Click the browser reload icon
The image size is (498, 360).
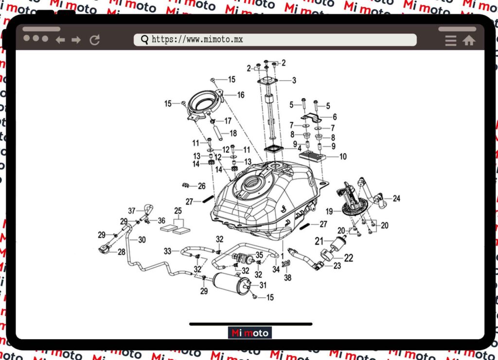(x=95, y=40)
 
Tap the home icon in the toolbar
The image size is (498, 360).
(x=469, y=40)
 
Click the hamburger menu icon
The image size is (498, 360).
(x=451, y=40)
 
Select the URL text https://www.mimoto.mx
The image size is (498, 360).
(x=197, y=40)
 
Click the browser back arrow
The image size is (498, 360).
(x=60, y=40)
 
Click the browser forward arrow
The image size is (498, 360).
(x=76, y=40)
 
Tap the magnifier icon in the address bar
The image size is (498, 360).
(x=144, y=40)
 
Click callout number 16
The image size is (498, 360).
(x=241, y=95)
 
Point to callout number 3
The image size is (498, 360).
(x=294, y=80)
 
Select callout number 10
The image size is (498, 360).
(x=343, y=157)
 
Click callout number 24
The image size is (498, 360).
(x=396, y=198)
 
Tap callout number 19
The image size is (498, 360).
(x=329, y=212)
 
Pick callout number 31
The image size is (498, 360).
(x=263, y=285)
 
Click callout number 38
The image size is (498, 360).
(x=287, y=278)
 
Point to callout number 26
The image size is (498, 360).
(x=201, y=186)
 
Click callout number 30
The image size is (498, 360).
(x=142, y=240)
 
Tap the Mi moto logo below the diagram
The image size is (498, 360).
(x=249, y=333)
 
